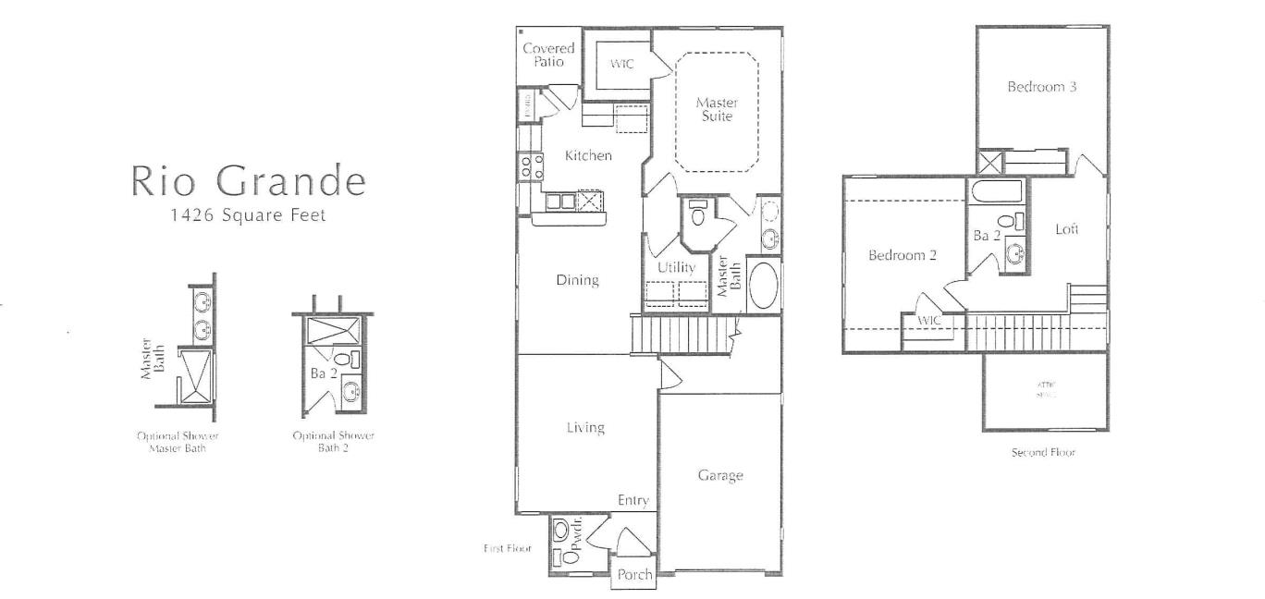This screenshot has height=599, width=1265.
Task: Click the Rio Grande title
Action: click(x=248, y=180)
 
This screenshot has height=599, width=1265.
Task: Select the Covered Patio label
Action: click(x=548, y=55)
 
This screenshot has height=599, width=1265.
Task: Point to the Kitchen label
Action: click(x=588, y=155)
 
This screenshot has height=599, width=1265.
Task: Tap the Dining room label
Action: click(x=577, y=280)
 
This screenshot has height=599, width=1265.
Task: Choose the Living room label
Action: click(x=585, y=427)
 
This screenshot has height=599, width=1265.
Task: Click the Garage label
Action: click(x=720, y=475)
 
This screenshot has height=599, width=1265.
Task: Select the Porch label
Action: click(x=634, y=574)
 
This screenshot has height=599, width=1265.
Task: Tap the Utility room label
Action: click(x=676, y=267)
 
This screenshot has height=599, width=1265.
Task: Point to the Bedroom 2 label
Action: click(x=903, y=255)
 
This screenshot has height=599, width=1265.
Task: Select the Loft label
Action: click(x=1067, y=228)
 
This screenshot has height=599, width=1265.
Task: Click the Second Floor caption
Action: click(x=1044, y=453)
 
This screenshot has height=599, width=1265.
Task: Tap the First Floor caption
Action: click(x=507, y=548)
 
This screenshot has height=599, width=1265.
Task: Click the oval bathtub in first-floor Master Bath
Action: click(x=763, y=287)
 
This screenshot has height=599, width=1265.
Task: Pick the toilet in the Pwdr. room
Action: click(x=561, y=532)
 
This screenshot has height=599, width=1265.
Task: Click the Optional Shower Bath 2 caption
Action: click(x=333, y=441)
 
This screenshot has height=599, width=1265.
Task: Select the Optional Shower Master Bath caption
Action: click(x=178, y=441)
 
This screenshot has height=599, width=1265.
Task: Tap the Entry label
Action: click(x=633, y=500)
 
